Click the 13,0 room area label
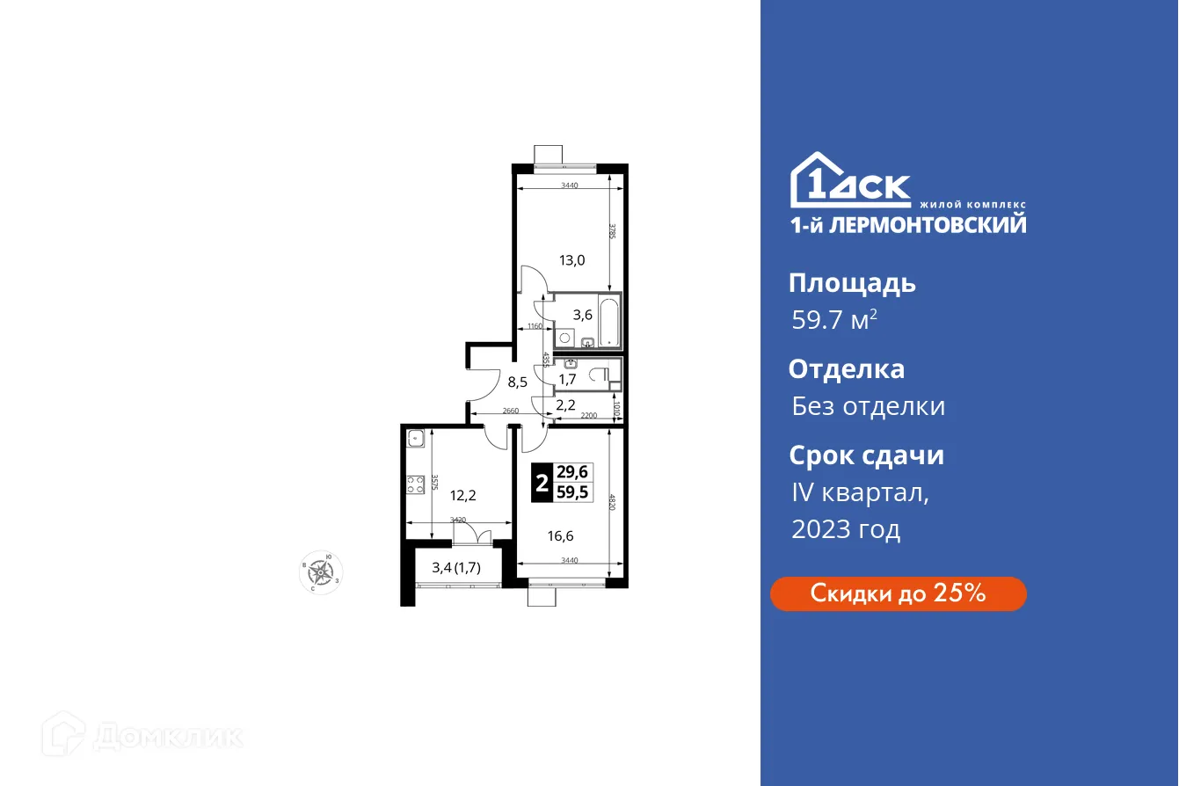[x=572, y=259]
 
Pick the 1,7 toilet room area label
[x=567, y=380]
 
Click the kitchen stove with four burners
[x=415, y=484]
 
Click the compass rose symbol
[x=321, y=572]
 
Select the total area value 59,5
[x=573, y=492]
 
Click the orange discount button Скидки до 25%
[x=898, y=593]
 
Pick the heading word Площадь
[x=852, y=283]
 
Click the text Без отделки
[x=869, y=406]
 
